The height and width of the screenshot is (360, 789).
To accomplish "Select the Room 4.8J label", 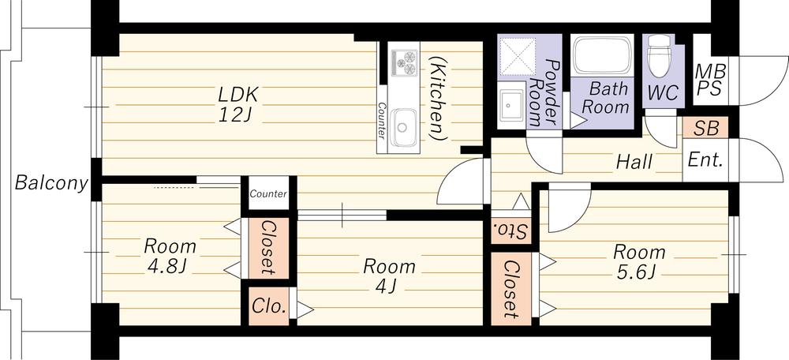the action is pyautogui.click(x=170, y=255).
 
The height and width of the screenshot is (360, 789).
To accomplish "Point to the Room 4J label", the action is pyautogui.click(x=389, y=276).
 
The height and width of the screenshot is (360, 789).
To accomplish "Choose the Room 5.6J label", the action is pyautogui.click(x=639, y=263).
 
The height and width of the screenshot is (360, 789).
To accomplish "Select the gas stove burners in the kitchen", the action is pyautogui.click(x=405, y=62).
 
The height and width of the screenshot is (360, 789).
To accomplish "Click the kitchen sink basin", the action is pyautogui.click(x=406, y=126).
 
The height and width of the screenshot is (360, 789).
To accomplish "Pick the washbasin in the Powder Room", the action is pyautogui.click(x=512, y=103).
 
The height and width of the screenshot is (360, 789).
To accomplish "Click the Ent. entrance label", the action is pyautogui.click(x=705, y=160).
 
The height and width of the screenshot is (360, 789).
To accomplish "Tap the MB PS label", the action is pyautogui.click(x=708, y=81).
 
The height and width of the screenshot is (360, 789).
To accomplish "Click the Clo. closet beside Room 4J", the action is pyautogui.click(x=270, y=305).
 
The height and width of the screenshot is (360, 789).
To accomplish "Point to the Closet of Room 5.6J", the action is pyautogui.click(x=511, y=288).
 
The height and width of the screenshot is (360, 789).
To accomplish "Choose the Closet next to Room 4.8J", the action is pyautogui.click(x=267, y=248).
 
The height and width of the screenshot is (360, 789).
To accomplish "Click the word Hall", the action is pyautogui.click(x=634, y=163).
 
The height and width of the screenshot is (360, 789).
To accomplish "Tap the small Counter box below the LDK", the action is pyautogui.click(x=268, y=193).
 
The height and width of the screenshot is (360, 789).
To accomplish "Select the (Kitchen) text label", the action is pyautogui.click(x=437, y=97).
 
